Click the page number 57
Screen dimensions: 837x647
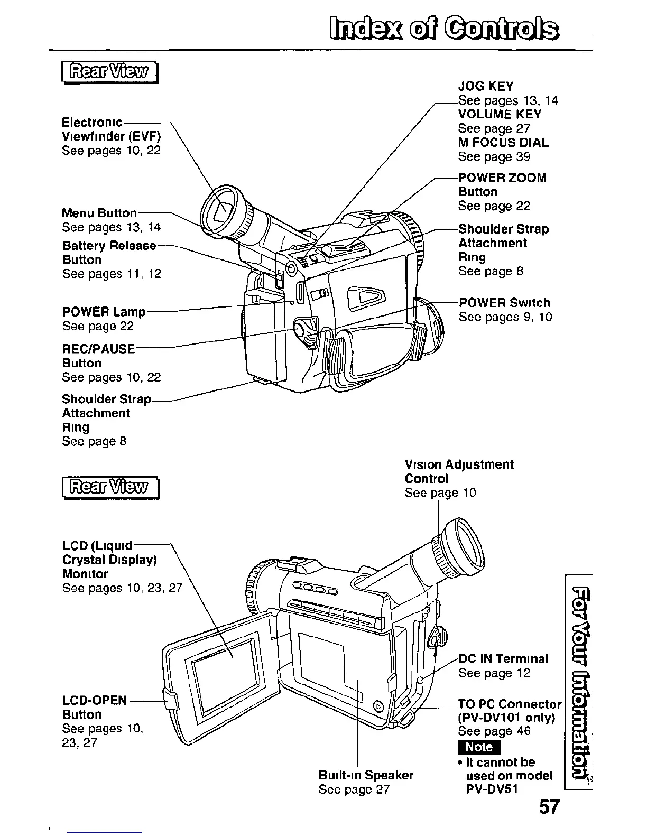(x=549, y=807)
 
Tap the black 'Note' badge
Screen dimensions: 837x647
(x=479, y=747)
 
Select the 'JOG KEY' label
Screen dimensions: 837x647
(x=485, y=86)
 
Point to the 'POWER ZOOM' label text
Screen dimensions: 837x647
(x=502, y=178)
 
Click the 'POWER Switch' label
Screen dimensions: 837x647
(x=504, y=303)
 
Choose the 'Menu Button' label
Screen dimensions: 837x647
(x=99, y=213)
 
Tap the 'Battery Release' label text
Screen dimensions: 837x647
(x=109, y=246)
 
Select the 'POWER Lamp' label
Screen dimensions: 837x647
(x=104, y=312)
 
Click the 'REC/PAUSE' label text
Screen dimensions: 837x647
(x=98, y=349)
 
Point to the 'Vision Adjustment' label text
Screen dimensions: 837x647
(x=459, y=464)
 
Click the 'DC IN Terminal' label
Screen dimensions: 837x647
(x=503, y=659)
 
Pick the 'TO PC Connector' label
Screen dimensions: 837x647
(x=510, y=704)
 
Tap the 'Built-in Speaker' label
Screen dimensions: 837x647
(x=366, y=775)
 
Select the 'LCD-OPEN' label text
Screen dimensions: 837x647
(x=95, y=701)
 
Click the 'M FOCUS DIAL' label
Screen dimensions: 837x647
(x=503, y=143)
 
